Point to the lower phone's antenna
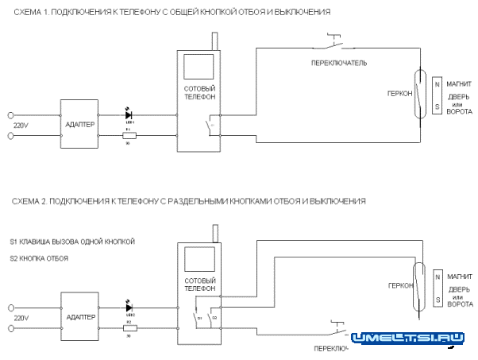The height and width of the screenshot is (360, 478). tap(214, 233)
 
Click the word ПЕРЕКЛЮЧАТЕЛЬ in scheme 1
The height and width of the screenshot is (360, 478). tap(338, 61)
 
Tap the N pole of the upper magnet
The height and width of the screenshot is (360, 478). tap(436, 83)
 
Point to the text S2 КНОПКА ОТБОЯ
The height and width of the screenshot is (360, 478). tap(40, 258)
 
